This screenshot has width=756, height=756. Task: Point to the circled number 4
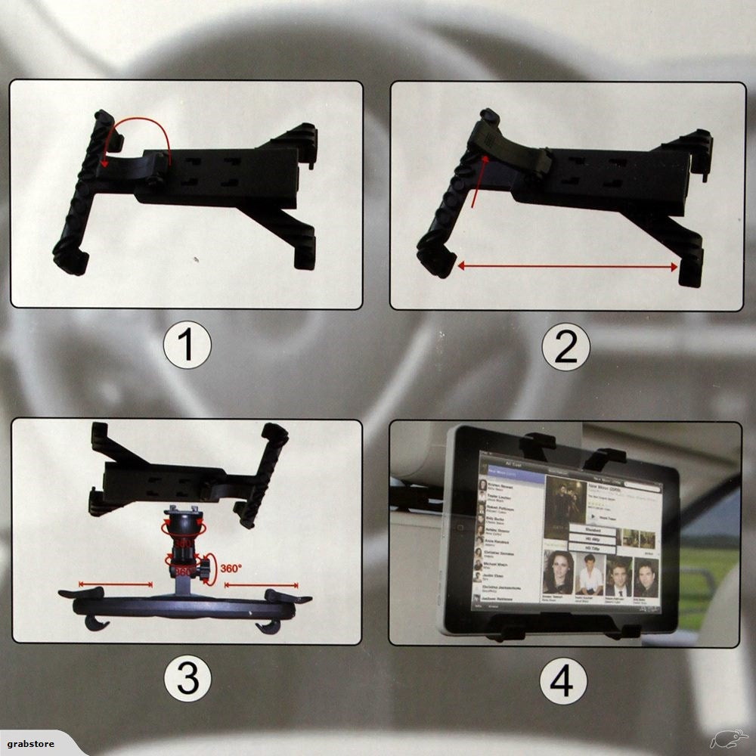coord(562,680)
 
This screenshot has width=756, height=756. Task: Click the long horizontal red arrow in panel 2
coord(567,266)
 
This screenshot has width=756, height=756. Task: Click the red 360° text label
coord(231,567)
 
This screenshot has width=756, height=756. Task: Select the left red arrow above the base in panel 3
coord(115,584)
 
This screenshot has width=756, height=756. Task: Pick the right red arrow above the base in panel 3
coord(262,584)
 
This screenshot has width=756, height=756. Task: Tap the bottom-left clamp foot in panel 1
coord(70,262)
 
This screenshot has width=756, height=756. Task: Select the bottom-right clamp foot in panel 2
coord(690,273)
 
